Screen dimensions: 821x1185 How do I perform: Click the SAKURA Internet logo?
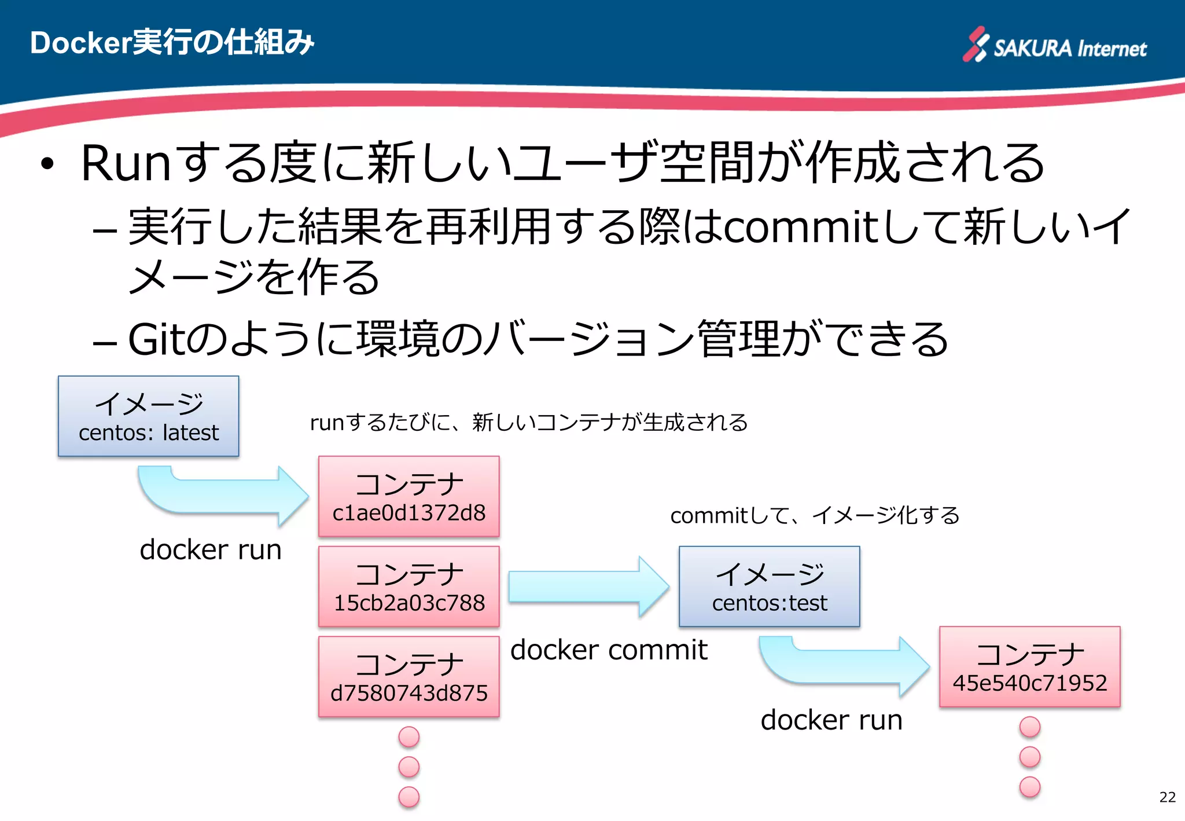tap(1054, 45)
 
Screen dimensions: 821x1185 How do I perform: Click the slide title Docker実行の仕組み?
tap(172, 42)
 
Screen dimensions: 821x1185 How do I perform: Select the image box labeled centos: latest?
tap(148, 416)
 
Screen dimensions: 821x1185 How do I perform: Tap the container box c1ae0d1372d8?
tap(409, 497)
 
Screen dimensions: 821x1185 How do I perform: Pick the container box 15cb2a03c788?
tap(409, 587)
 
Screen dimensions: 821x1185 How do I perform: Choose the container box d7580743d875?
tap(409, 677)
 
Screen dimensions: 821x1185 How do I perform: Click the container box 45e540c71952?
tap(1029, 667)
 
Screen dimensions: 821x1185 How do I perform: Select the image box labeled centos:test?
tap(769, 587)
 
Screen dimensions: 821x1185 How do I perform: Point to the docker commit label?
tap(609, 650)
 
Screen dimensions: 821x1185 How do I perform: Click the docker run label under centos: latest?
tap(211, 549)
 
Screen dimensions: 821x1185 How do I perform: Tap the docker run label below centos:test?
tap(831, 720)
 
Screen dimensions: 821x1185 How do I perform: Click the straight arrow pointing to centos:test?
tap(587, 587)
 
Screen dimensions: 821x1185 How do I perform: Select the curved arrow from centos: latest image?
tap(223, 495)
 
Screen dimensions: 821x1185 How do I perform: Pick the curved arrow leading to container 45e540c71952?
tap(845, 666)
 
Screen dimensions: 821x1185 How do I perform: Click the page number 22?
tap(1167, 797)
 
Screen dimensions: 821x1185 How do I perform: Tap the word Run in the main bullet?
tap(126, 163)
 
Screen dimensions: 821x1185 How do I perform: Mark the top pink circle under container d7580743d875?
tap(409, 737)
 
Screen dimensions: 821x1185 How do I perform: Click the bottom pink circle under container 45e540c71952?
tap(1029, 787)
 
